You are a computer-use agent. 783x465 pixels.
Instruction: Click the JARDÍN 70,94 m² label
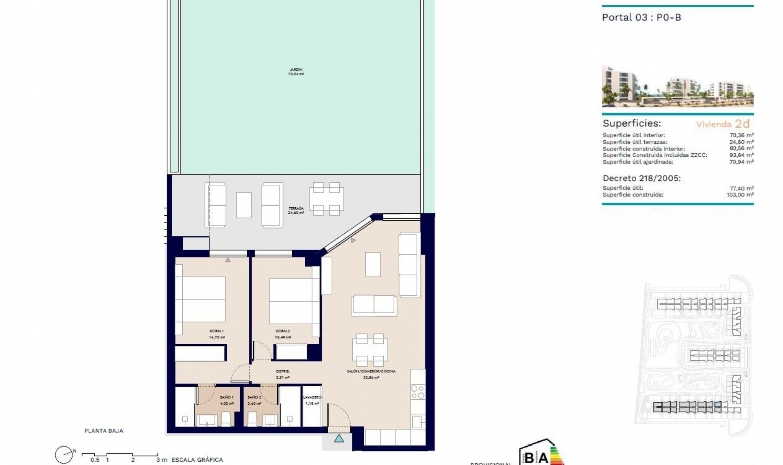(x=296, y=72)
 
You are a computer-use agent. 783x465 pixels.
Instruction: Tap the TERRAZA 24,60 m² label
(x=296, y=210)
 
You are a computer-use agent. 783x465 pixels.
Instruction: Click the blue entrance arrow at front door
(x=339, y=439)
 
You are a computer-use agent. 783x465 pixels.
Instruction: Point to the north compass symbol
(x=64, y=454)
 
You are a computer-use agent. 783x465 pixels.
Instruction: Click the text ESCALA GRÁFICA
(x=197, y=460)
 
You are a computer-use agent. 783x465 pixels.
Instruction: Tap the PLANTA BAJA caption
(x=104, y=431)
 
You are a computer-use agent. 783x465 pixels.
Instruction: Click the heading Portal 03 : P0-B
(x=641, y=18)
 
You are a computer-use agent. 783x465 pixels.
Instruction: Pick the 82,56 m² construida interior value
(x=741, y=148)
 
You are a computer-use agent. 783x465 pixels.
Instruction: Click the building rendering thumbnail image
(x=677, y=86)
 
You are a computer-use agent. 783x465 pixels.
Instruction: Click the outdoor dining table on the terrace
(x=326, y=199)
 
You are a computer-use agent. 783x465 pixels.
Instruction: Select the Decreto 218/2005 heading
(x=641, y=178)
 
